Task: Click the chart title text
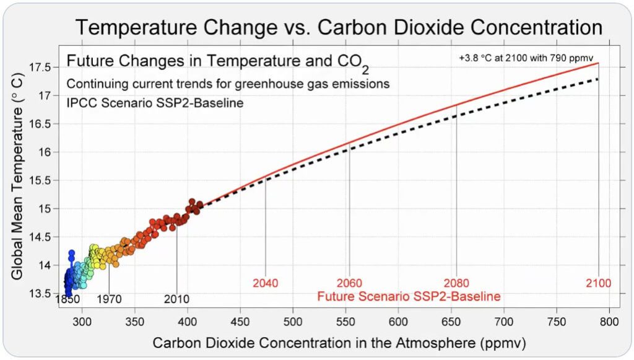[339, 27]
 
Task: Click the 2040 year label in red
[265, 283]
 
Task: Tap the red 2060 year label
[349, 283]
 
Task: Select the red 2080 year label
[456, 283]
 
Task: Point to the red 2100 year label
[599, 283]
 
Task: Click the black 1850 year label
[67, 299]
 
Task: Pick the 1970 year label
[109, 299]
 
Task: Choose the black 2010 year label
[176, 299]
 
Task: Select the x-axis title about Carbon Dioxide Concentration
[339, 342]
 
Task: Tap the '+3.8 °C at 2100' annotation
[526, 58]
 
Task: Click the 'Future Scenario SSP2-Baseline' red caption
[409, 296]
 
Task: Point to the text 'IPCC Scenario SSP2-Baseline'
[155, 102]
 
